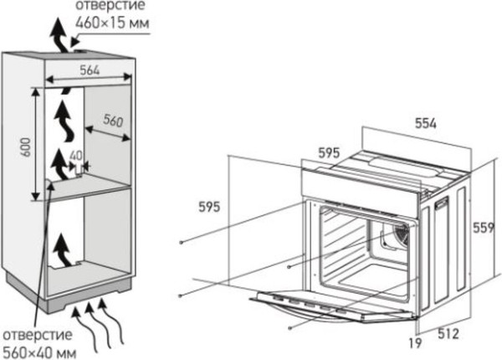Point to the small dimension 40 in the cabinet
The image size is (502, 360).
pyautogui.click(x=76, y=156)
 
